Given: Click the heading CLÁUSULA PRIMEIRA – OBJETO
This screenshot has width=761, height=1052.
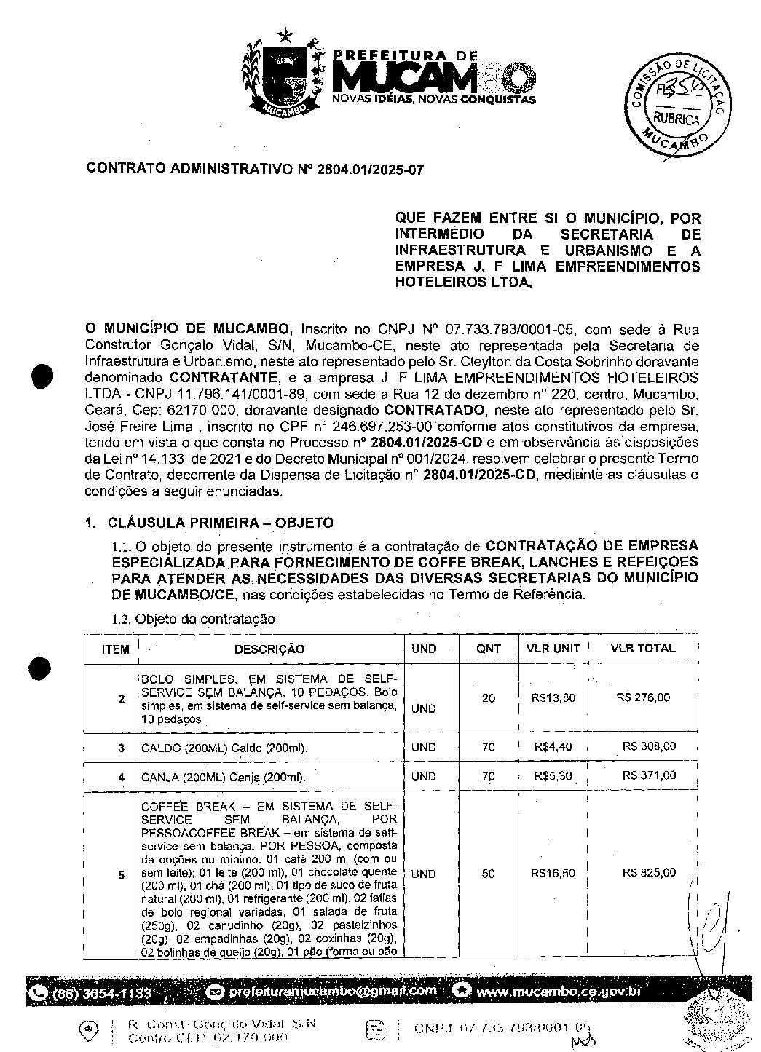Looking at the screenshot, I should pyautogui.click(x=221, y=523).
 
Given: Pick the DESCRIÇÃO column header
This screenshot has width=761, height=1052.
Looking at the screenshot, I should pyautogui.click(x=269, y=649).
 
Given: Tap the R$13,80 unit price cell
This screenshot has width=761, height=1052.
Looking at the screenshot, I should pyautogui.click(x=554, y=697).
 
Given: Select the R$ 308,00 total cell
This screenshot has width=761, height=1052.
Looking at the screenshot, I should pyautogui.click(x=649, y=746).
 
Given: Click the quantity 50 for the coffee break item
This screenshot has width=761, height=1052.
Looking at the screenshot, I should pyautogui.click(x=489, y=874).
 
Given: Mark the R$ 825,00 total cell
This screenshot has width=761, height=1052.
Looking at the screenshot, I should pyautogui.click(x=649, y=873).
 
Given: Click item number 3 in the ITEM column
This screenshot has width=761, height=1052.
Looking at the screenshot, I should pyautogui.click(x=122, y=748).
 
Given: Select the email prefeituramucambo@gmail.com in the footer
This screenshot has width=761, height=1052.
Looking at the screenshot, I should pyautogui.click(x=333, y=991).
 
